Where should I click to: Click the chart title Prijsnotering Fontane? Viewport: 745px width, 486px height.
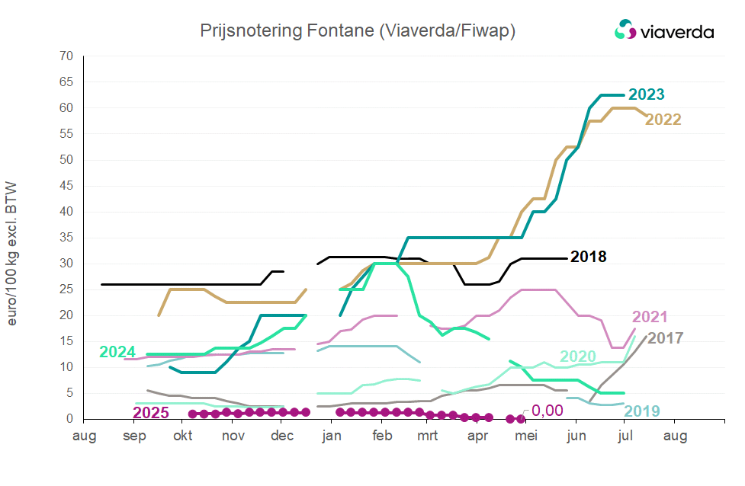[358, 30]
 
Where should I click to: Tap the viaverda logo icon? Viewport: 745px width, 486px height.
[625, 30]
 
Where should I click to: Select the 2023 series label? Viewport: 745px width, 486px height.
[645, 94]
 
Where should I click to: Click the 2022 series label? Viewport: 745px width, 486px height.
[663, 120]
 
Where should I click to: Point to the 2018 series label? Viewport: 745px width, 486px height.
[589, 257]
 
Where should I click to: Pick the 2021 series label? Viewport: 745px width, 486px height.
[650, 317]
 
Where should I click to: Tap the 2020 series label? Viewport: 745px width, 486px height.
[578, 357]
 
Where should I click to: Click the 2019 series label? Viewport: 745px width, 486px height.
[642, 411]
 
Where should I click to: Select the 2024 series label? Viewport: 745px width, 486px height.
[118, 352]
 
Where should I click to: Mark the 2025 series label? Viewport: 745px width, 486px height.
[151, 414]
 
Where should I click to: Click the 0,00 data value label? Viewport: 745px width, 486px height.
[547, 411]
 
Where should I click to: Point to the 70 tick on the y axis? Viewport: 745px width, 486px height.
[66, 56]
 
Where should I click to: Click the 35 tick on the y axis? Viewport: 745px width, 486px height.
[66, 238]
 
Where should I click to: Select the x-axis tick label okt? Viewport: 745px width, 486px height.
[183, 436]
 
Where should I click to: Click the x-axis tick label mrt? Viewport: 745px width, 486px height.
[429, 436]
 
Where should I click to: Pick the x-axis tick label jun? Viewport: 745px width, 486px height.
[576, 436]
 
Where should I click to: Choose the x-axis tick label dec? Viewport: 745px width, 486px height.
[282, 436]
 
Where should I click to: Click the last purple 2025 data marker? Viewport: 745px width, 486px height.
[522, 418]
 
